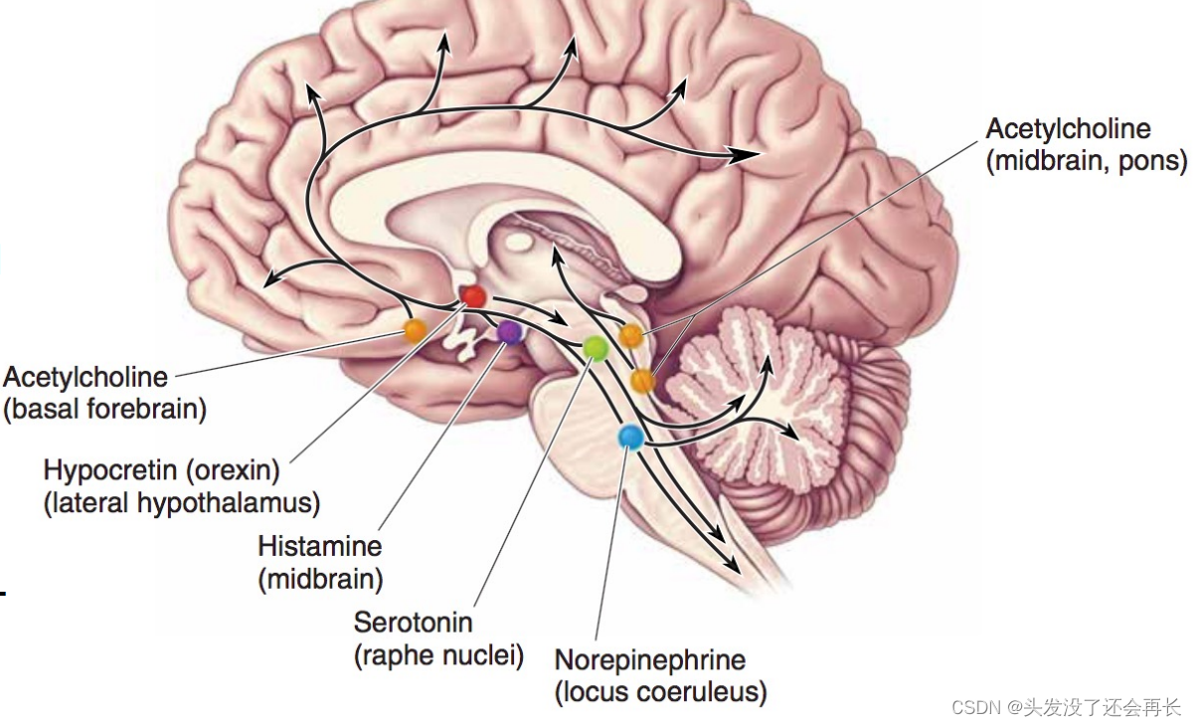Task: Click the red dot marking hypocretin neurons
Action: (473, 295)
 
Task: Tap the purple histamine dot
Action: (509, 332)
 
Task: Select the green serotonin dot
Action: (595, 347)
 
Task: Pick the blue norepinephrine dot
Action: (630, 436)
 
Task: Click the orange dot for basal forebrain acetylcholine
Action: (415, 330)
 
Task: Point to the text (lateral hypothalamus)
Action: (182, 503)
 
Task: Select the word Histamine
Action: (319, 546)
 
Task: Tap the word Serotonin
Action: (413, 624)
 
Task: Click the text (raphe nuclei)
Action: (438, 656)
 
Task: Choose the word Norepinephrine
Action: (650, 659)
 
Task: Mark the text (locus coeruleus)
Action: (660, 692)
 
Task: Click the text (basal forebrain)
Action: (105, 410)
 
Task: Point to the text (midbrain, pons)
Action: (1087, 161)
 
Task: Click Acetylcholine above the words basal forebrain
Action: (85, 377)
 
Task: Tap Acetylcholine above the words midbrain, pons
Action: (1068, 128)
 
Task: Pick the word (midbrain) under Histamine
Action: (320, 579)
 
